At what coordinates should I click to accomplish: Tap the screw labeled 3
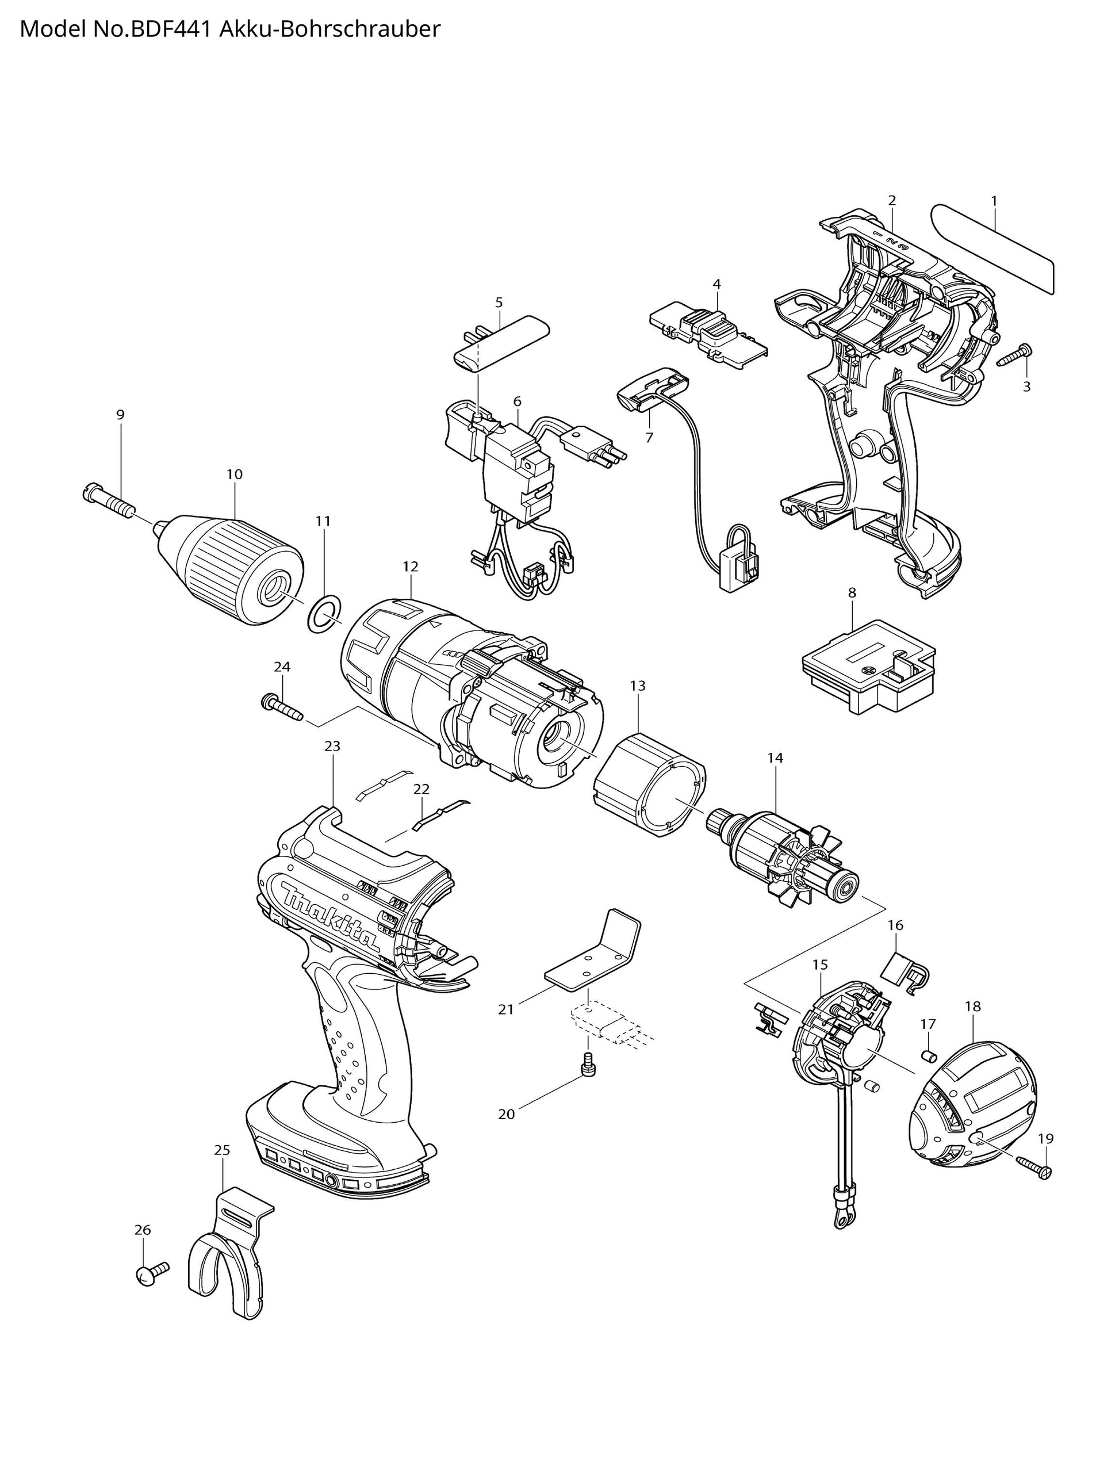(x=1014, y=355)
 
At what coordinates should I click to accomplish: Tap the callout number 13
(x=638, y=686)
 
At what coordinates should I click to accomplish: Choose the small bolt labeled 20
(x=588, y=1066)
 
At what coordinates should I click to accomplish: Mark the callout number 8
(x=852, y=592)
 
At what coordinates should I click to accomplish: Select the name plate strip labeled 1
(x=992, y=250)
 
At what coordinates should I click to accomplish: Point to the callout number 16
(x=895, y=925)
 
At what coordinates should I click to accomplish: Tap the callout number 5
(x=499, y=303)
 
